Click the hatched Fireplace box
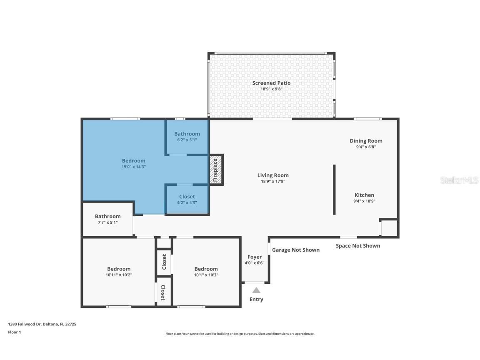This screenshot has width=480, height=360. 216,170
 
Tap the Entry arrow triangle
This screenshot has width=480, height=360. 256,290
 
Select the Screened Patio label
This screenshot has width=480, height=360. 271,83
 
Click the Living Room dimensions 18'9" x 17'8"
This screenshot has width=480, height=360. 273,181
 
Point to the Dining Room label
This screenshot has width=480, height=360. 366,141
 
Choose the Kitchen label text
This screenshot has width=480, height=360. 364,195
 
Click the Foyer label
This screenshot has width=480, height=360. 255,257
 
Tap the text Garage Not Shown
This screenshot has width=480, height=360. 296,250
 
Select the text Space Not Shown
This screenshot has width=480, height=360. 358,246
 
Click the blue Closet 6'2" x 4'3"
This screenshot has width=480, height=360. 187,199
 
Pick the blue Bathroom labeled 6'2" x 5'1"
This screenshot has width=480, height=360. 187,136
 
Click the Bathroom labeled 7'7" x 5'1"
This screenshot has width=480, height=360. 107,219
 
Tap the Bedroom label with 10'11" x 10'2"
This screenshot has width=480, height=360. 119,269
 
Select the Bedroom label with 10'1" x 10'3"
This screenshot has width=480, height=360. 206,269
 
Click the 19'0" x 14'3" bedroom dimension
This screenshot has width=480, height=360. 133,167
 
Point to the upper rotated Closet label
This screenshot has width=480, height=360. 164,262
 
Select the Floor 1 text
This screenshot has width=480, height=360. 14,332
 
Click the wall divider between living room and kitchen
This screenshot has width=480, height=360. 334,190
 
